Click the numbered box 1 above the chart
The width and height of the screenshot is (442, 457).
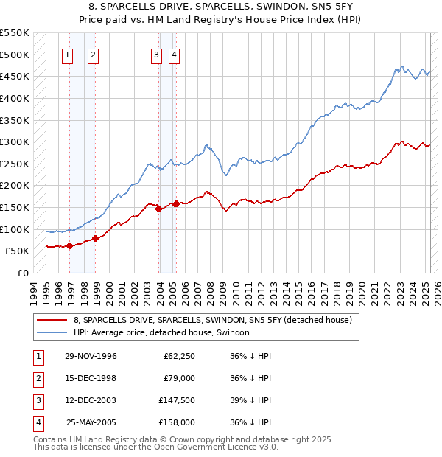click(x=67, y=54)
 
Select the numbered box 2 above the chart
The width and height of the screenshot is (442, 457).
click(x=94, y=54)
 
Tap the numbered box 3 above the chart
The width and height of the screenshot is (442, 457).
click(x=157, y=54)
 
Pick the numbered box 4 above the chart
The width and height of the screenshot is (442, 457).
click(x=175, y=54)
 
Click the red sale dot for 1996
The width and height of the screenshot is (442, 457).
click(x=70, y=246)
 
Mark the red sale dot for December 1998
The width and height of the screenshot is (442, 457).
click(x=96, y=238)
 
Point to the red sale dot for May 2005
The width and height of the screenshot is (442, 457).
click(x=176, y=204)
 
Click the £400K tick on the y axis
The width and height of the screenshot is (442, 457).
click(x=15, y=98)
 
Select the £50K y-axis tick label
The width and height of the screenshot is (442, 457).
click(x=18, y=251)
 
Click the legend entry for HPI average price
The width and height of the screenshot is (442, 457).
click(x=161, y=333)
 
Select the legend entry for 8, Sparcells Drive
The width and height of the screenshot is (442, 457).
click(x=213, y=320)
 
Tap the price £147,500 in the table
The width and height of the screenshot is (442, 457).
click(x=177, y=400)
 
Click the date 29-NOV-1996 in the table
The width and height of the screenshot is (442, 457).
click(x=91, y=356)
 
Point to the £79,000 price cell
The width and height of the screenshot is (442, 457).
click(x=179, y=378)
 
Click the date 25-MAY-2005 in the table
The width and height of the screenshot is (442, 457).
click(x=91, y=422)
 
